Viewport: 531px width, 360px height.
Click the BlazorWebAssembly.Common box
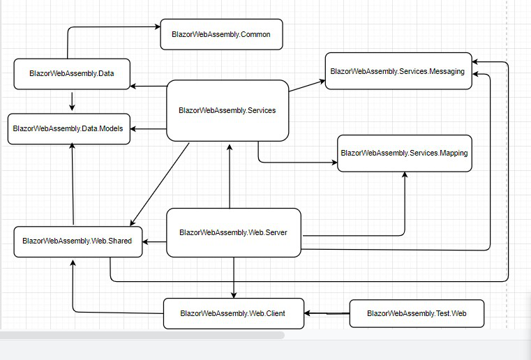tap(221, 34)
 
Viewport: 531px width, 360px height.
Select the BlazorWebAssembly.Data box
tap(72, 74)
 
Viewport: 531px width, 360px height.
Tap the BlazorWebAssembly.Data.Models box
tap(68, 129)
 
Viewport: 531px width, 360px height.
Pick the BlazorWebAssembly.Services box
tap(227, 110)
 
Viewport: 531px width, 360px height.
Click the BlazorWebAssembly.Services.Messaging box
tap(398, 71)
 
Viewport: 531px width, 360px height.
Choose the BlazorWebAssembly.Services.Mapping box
tap(404, 153)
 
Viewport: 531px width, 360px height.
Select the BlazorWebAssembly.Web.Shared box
tap(77, 241)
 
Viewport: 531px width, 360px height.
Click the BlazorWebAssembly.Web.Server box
tap(233, 232)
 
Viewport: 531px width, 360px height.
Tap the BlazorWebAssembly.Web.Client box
tap(234, 313)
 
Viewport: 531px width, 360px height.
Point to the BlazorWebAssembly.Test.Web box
tap(417, 314)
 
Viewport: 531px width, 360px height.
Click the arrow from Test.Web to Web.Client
tap(327, 314)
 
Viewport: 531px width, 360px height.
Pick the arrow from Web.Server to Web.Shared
tap(154, 242)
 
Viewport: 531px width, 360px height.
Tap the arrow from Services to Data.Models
tap(149, 129)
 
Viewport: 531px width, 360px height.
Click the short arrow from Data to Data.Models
tap(72, 100)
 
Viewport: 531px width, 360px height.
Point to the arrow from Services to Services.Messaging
tap(307, 86)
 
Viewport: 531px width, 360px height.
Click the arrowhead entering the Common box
tap(157, 27)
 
